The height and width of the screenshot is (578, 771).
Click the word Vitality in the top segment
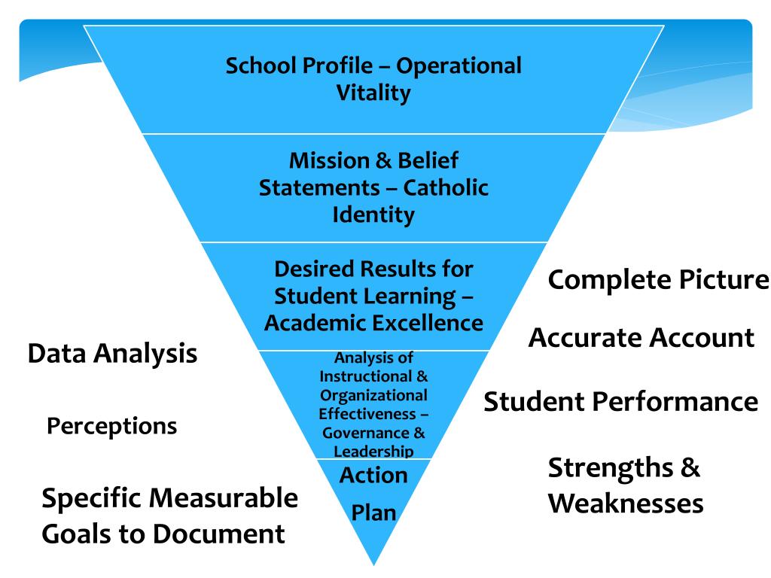pyautogui.click(x=373, y=93)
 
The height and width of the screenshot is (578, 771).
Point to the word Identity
pyautogui.click(x=373, y=214)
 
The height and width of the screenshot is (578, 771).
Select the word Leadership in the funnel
pyautogui.click(x=373, y=451)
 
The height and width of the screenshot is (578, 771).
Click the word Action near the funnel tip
pyautogui.click(x=373, y=475)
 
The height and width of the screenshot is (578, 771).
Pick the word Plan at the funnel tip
pyautogui.click(x=373, y=514)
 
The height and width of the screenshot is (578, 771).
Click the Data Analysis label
pyautogui.click(x=113, y=353)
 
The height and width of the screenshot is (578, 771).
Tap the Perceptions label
pyautogui.click(x=112, y=427)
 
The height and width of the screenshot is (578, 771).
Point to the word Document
pyautogui.click(x=219, y=534)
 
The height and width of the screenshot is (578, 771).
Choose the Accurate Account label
pyautogui.click(x=641, y=338)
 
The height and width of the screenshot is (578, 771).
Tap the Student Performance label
pyautogui.click(x=620, y=401)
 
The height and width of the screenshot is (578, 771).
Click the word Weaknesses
pyautogui.click(x=626, y=503)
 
